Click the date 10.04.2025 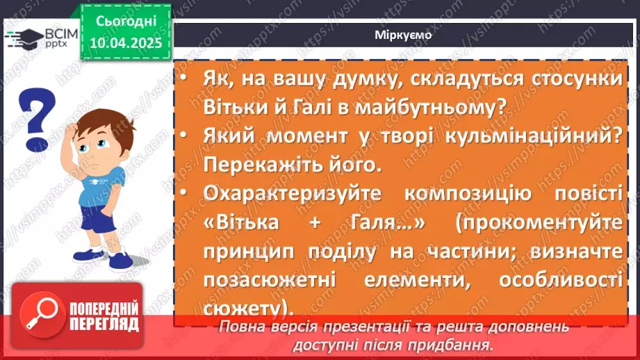click(124, 42)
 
